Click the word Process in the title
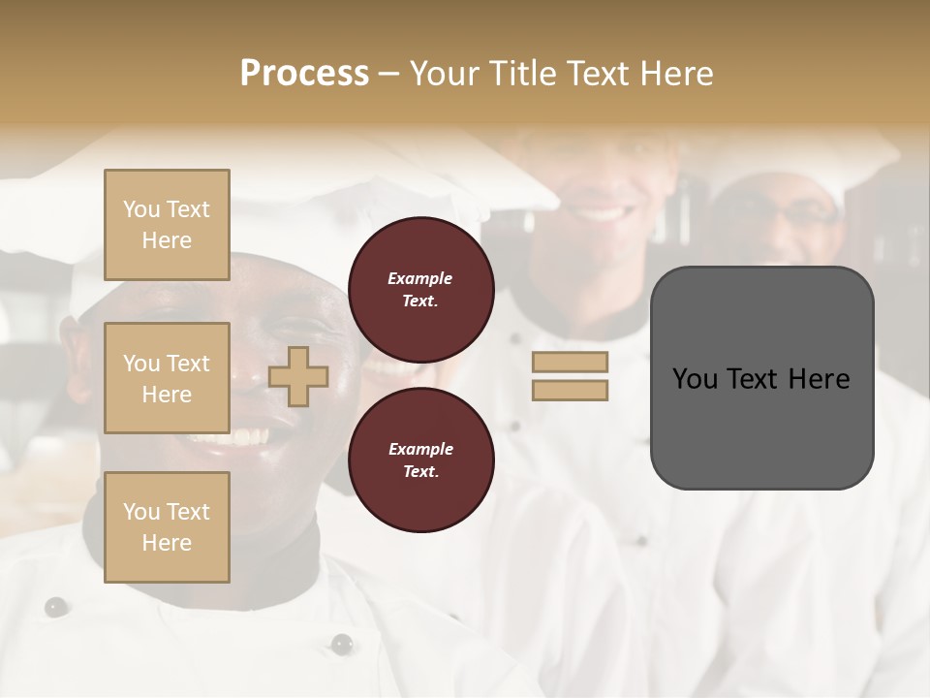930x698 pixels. point(304,74)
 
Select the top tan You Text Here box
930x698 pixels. point(167,225)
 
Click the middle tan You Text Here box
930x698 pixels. point(167,378)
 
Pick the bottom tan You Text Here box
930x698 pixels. point(167,527)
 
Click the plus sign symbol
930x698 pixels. point(298,376)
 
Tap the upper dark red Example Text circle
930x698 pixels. point(420,289)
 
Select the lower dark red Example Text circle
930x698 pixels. point(420,460)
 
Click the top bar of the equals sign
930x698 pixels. point(570,363)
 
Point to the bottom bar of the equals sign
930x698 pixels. point(570,390)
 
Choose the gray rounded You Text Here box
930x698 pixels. point(761,378)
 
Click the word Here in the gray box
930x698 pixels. point(819,379)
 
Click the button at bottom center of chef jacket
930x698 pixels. point(341,643)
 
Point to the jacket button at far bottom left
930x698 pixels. point(56,607)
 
